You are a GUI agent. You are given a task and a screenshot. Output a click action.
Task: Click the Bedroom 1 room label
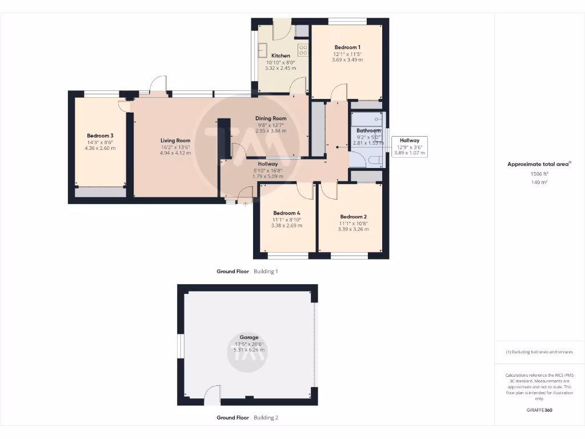347,47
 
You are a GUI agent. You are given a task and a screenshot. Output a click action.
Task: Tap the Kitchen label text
281,55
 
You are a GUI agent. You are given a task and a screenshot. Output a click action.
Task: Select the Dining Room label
271,118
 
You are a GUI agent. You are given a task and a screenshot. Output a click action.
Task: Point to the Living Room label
175,141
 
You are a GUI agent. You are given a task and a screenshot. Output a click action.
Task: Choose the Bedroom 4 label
286,213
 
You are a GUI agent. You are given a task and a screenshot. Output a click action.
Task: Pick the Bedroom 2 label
353,217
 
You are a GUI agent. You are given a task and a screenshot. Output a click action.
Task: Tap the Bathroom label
368,130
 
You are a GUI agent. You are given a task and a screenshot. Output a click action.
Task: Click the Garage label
249,337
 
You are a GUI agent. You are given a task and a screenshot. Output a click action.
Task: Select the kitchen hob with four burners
303,50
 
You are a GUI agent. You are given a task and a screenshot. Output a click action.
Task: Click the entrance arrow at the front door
245,202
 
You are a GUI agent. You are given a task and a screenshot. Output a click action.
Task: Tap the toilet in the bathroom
376,159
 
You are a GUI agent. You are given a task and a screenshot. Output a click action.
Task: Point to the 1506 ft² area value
539,174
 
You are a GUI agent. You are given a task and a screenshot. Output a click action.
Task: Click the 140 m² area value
539,182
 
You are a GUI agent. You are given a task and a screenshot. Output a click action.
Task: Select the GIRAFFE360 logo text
539,410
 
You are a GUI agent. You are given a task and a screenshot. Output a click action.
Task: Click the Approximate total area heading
538,164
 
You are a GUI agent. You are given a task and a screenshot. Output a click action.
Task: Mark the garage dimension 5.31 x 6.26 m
249,350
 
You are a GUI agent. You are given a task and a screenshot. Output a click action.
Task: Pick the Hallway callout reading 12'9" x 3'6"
409,146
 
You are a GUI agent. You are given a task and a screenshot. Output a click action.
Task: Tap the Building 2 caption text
266,418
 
